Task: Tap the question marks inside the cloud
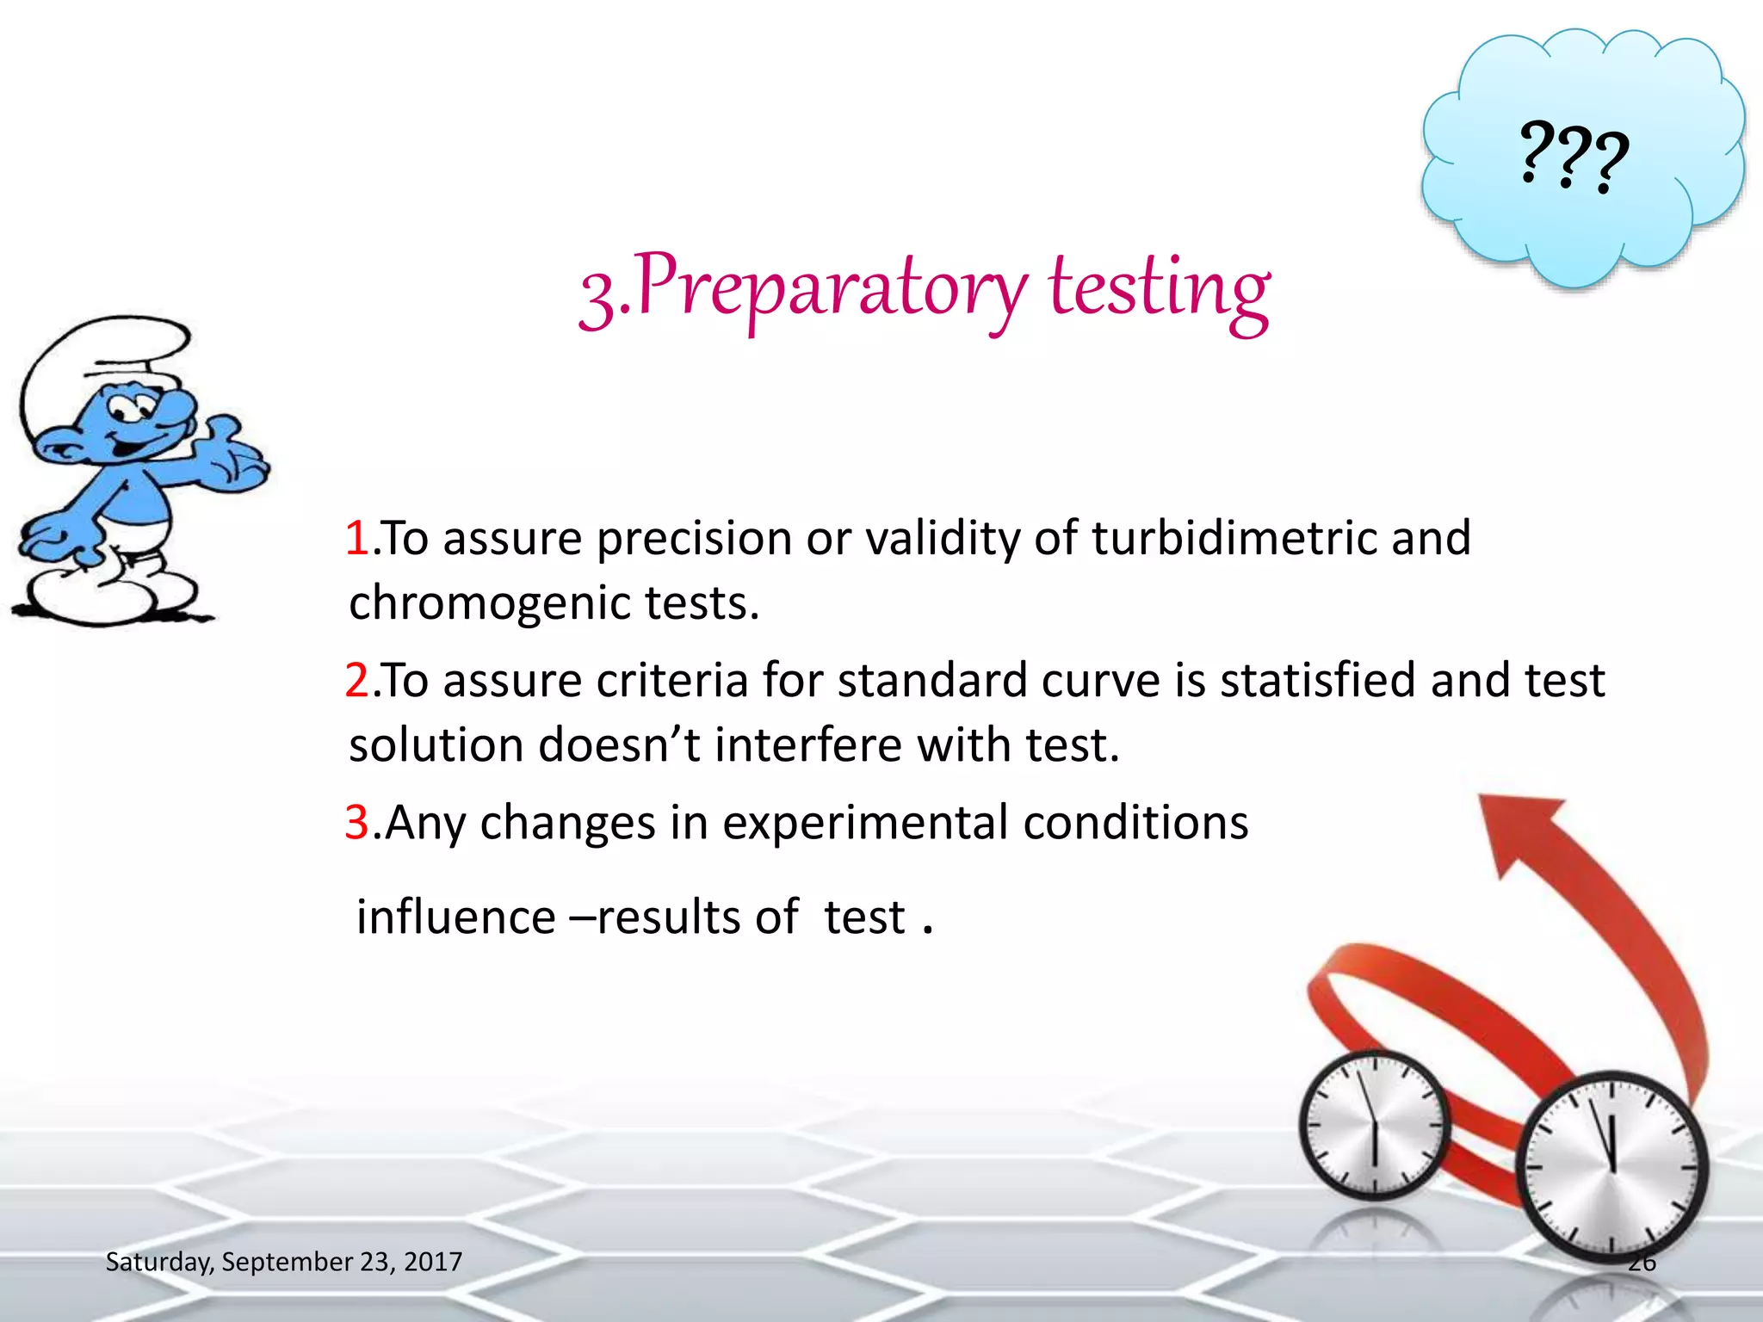1574,158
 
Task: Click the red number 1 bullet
356,540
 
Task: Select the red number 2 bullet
356,681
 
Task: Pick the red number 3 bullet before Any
356,823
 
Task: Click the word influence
456,917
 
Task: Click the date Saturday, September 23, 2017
283,1262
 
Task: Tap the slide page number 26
1642,1263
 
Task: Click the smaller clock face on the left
1374,1125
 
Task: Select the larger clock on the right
1611,1168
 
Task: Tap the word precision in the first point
694,540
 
